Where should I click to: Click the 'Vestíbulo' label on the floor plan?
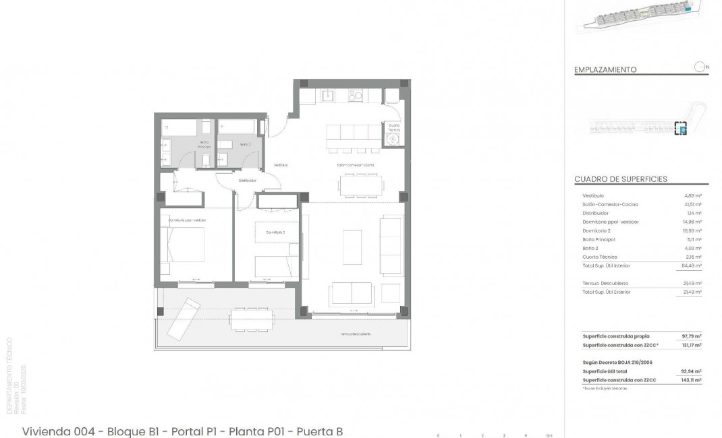tap(281, 165)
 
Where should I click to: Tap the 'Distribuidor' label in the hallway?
tap(248, 181)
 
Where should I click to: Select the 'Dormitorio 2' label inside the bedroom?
tap(275, 232)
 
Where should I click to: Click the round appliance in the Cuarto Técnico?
tap(392, 138)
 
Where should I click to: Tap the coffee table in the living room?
tap(352, 243)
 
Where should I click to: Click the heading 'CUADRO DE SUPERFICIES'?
tap(620, 179)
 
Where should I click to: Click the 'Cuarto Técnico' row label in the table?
tap(599, 257)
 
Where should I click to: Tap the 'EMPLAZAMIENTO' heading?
tap(605, 69)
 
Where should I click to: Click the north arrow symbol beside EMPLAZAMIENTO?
tap(700, 67)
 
